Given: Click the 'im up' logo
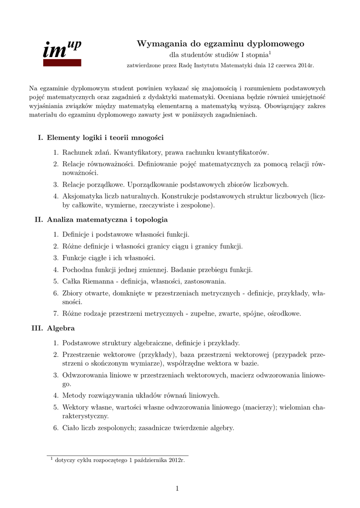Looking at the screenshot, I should coord(62,49).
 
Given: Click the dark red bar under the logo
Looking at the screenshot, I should coord(62,63).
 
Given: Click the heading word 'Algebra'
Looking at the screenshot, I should coord(61,328).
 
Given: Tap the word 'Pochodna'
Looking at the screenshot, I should coord(76,270).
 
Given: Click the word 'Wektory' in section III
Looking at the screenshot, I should coord(75,407).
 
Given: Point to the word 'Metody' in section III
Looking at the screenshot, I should coord(73,395).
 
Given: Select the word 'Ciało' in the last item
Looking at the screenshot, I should coord(71,428).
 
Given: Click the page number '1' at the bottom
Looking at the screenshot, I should coord(177,489).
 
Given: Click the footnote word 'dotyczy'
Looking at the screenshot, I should coord(67,460).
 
